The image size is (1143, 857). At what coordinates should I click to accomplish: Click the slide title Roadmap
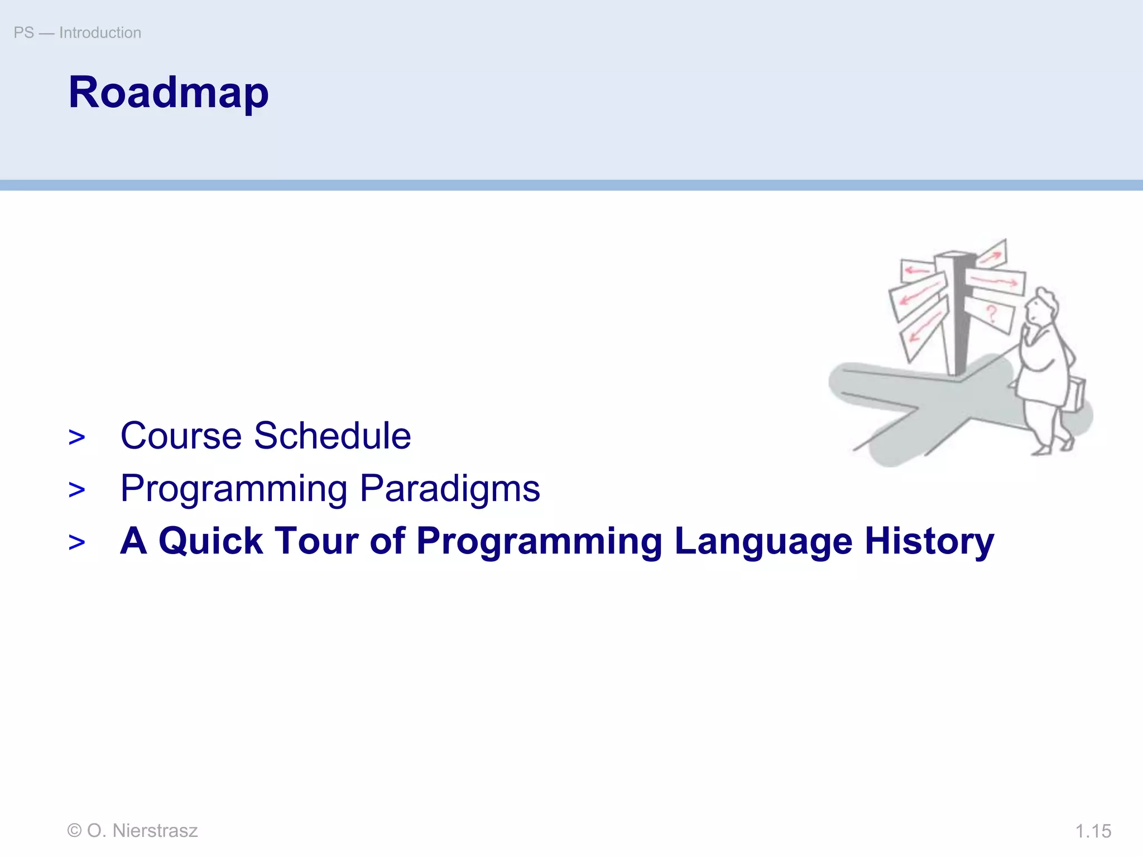169,93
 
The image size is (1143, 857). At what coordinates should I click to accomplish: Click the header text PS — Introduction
78,33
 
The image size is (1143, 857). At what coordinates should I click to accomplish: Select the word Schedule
332,436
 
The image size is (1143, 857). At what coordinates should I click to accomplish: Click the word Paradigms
450,489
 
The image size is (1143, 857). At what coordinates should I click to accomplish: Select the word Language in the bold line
763,542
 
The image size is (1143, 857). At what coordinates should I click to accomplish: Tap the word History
929,541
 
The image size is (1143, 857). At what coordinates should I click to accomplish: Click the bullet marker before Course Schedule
77,437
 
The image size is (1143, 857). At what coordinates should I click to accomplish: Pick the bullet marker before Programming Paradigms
77,490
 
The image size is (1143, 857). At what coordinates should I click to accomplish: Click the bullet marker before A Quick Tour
77,542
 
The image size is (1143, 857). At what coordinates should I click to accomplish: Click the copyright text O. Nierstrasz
132,830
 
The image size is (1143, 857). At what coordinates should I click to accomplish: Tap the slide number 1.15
1093,831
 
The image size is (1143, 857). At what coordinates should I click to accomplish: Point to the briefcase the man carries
1075,394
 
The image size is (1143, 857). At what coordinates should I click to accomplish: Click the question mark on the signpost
992,314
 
